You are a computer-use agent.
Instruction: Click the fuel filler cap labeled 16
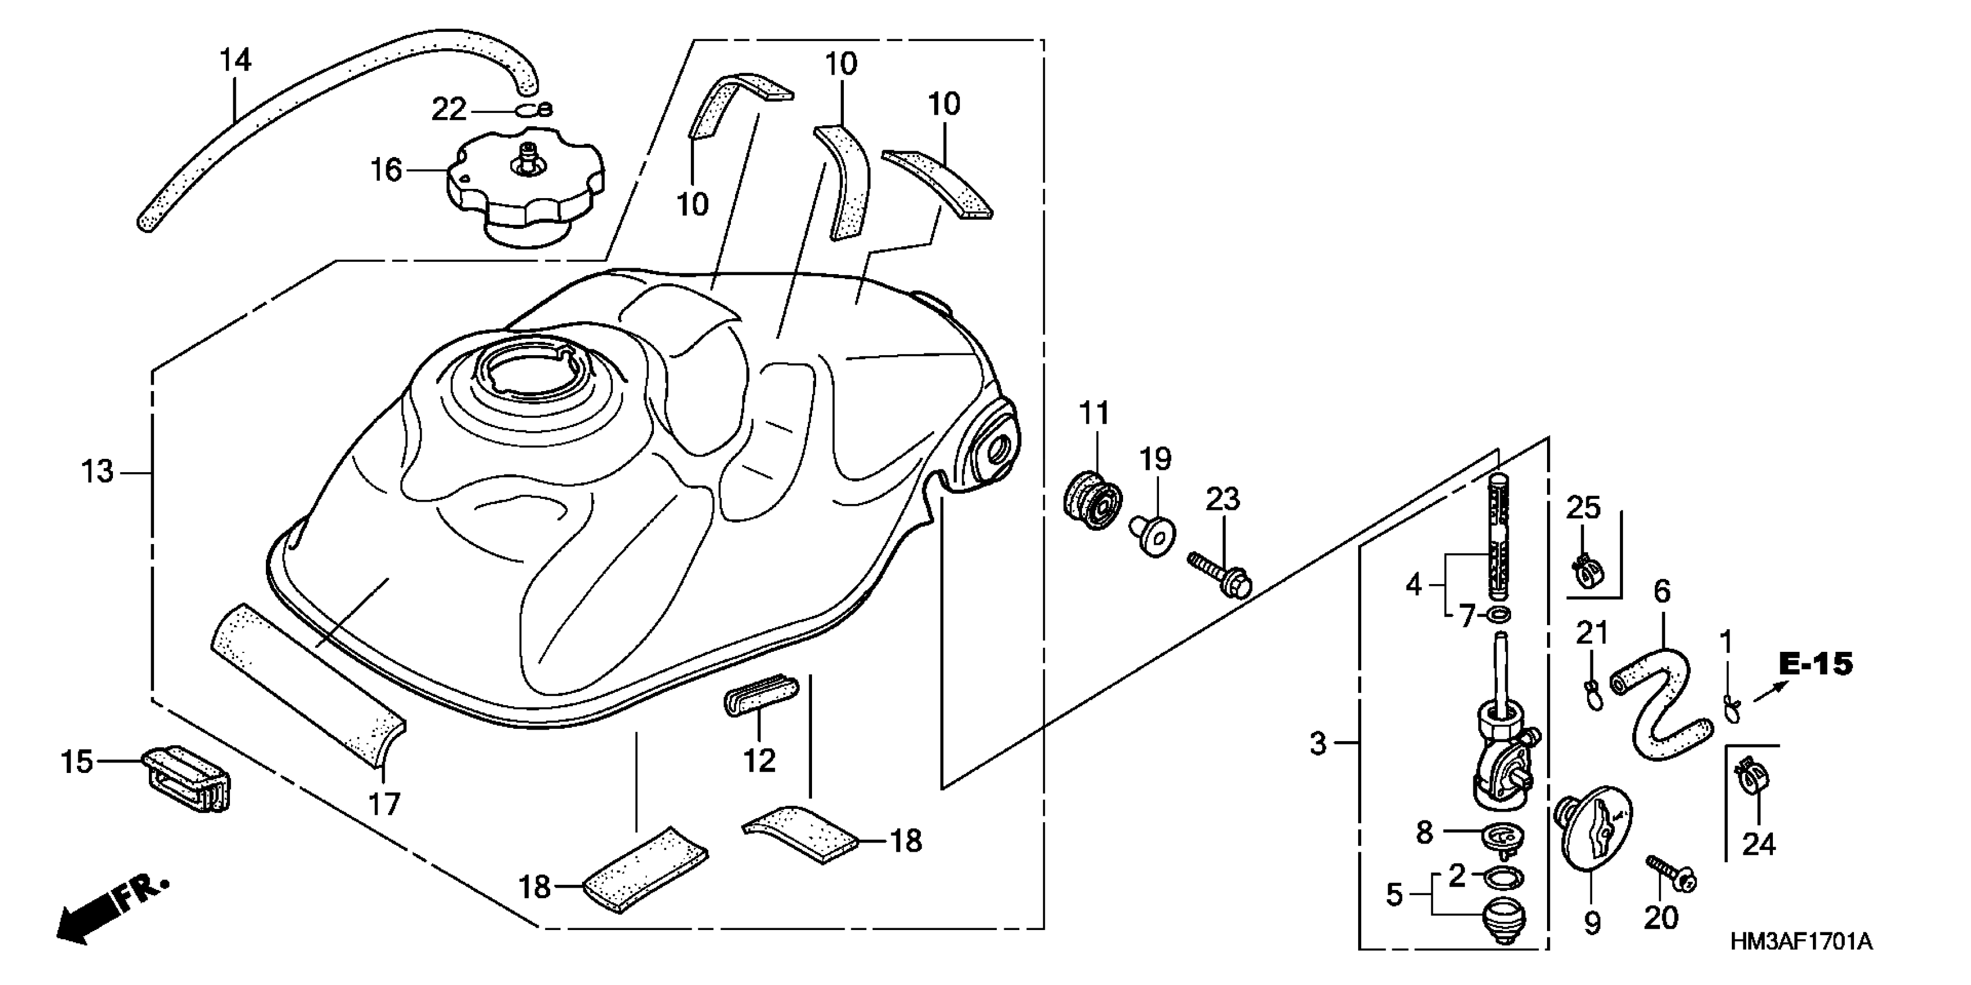tap(526, 188)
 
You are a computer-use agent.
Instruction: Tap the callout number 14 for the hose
tap(236, 60)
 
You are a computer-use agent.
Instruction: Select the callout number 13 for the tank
tap(97, 472)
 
